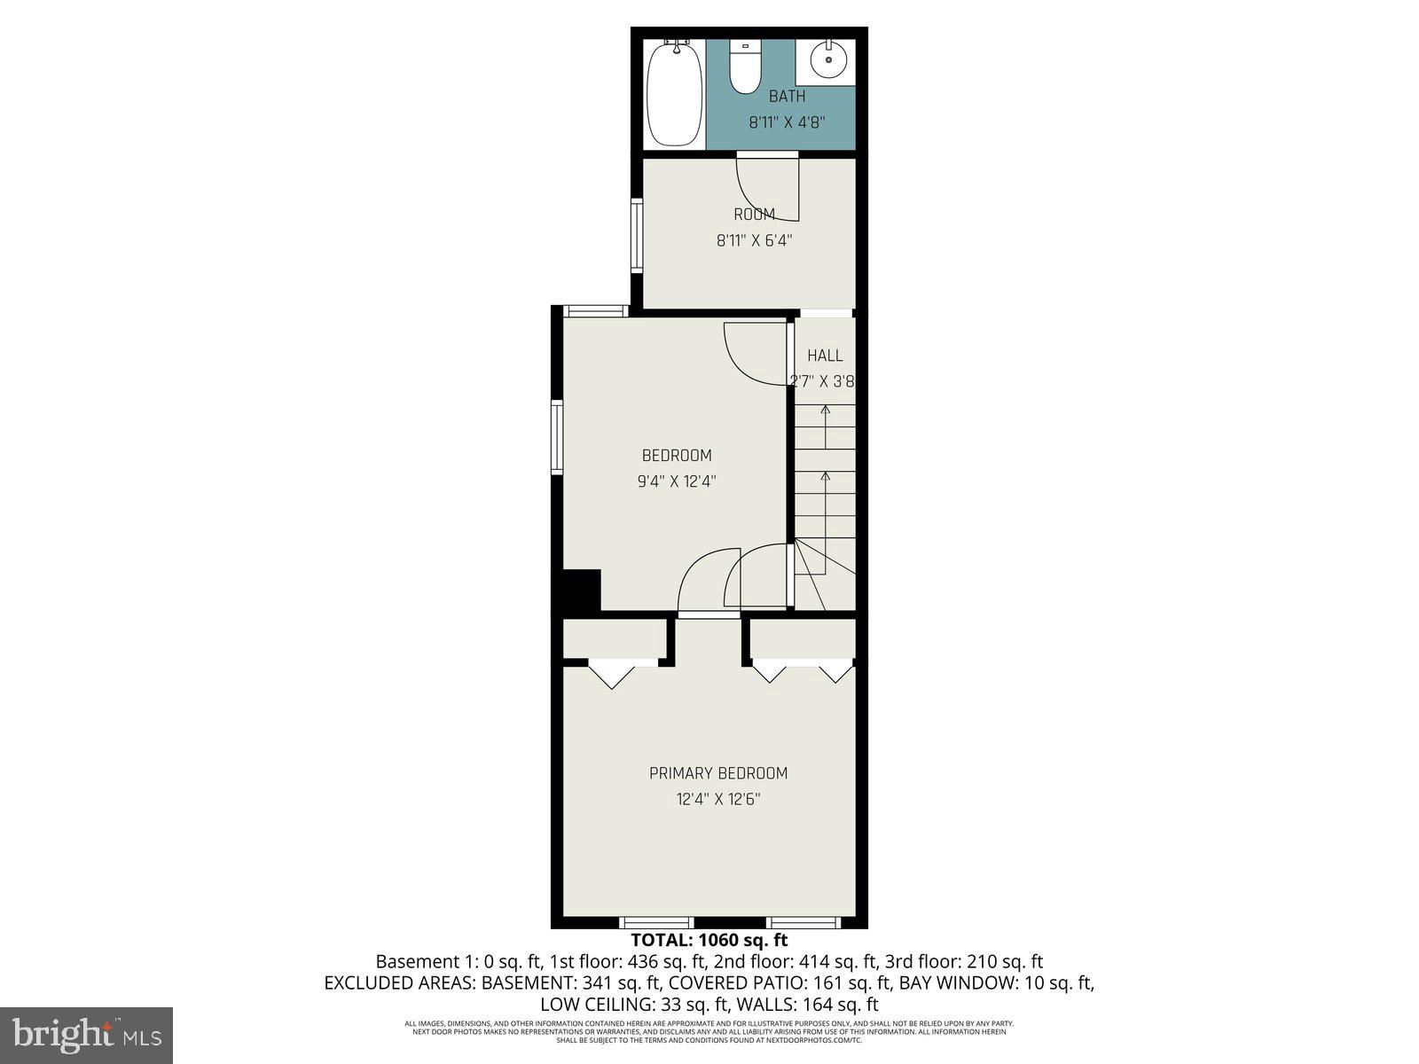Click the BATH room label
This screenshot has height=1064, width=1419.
click(787, 97)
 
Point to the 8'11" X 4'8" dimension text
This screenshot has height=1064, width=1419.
click(787, 123)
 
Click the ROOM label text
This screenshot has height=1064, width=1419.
click(754, 214)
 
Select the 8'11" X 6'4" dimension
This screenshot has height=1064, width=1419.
click(754, 239)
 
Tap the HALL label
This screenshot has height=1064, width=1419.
click(825, 356)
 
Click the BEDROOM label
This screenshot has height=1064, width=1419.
click(677, 456)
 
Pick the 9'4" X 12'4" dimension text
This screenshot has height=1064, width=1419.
click(677, 481)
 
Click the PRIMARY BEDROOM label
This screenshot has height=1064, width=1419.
click(718, 773)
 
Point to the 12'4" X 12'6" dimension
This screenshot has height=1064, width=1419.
click(718, 799)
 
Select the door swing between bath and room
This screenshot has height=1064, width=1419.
click(768, 189)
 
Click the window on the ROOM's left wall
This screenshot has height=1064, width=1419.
click(637, 234)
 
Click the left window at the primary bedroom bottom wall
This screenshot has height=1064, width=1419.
click(655, 922)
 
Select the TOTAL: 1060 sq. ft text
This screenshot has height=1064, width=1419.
click(709, 941)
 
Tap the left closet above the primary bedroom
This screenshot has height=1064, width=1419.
click(615, 638)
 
